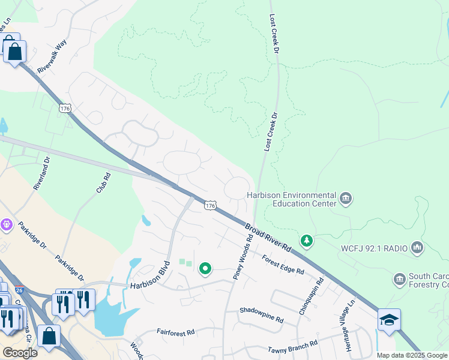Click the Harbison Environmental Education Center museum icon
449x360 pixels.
[345, 199]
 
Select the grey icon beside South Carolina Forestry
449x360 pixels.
[400, 279]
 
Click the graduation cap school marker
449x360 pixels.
[389, 320]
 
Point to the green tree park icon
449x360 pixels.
[307, 241]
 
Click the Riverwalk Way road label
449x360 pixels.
[52, 58]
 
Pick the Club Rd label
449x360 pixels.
[103, 183]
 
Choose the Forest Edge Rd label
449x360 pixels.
[283, 264]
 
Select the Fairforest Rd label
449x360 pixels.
[176, 332]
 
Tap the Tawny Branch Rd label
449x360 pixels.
[293, 347]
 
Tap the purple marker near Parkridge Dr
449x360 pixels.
[7, 224]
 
